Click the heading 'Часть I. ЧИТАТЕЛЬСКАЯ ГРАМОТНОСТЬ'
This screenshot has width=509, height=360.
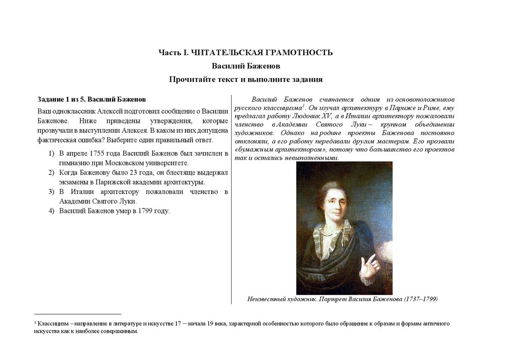tap(245, 53)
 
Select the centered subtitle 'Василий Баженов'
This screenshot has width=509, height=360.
tap(246, 66)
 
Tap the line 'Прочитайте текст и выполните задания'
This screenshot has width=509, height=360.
tap(246, 80)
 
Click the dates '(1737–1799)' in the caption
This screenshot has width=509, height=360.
tap(421, 299)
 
